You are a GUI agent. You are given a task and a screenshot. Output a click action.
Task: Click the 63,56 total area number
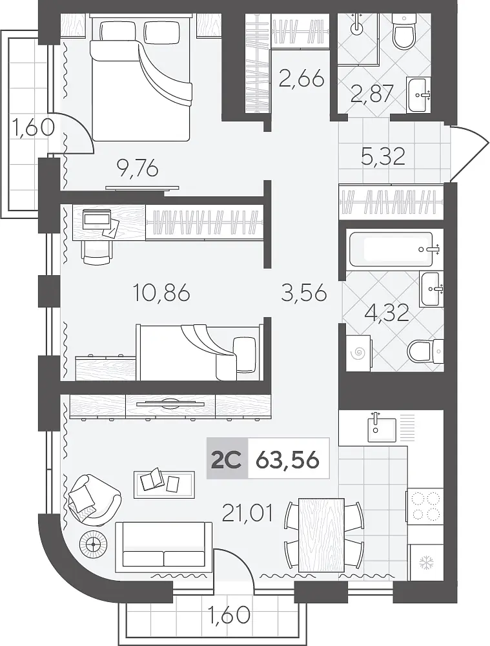point(287,459)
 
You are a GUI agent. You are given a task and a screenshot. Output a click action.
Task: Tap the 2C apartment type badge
point(227,459)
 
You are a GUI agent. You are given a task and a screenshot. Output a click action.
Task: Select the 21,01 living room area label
point(247,514)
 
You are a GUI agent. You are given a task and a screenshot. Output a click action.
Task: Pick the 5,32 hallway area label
point(383,156)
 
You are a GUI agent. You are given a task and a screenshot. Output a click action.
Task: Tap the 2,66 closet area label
point(301,79)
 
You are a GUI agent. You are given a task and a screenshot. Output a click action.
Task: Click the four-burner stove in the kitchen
point(425,507)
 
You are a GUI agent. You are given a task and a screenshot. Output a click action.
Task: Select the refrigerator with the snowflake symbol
point(425,563)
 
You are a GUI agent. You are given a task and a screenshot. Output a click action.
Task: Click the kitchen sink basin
point(382,430)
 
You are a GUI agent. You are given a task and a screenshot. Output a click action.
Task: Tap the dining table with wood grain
point(321,535)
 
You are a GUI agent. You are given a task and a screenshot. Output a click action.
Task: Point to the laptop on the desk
point(98,219)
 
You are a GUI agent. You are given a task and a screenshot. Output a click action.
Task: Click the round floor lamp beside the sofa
point(94,544)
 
